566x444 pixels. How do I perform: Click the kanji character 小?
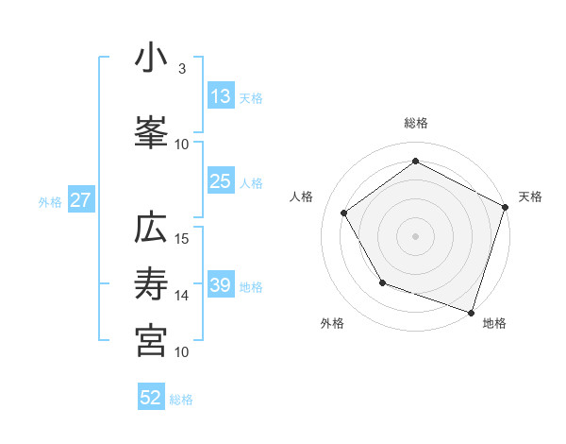[x=151, y=59]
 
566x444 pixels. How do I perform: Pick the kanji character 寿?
[x=151, y=284]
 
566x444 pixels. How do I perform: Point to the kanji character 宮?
[x=151, y=340]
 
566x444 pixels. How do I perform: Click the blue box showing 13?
[x=220, y=96]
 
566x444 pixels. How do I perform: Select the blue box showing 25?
[x=220, y=181]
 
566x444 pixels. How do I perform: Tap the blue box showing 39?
[x=220, y=285]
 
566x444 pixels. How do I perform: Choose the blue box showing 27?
[x=80, y=200]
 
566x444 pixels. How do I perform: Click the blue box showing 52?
[x=151, y=398]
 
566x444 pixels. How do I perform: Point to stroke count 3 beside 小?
[x=182, y=68]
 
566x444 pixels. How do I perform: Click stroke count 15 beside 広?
[x=183, y=238]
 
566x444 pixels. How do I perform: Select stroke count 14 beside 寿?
[x=183, y=295]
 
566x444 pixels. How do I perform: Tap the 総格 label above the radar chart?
[x=415, y=123]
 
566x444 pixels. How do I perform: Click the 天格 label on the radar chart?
[x=530, y=196]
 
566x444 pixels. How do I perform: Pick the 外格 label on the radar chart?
[x=332, y=323]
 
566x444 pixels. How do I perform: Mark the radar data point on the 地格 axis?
[x=471, y=311]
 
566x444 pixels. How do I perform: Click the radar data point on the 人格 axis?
[x=344, y=213]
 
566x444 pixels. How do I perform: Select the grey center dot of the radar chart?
[x=415, y=235]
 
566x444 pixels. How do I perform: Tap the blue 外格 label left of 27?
[x=50, y=201]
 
